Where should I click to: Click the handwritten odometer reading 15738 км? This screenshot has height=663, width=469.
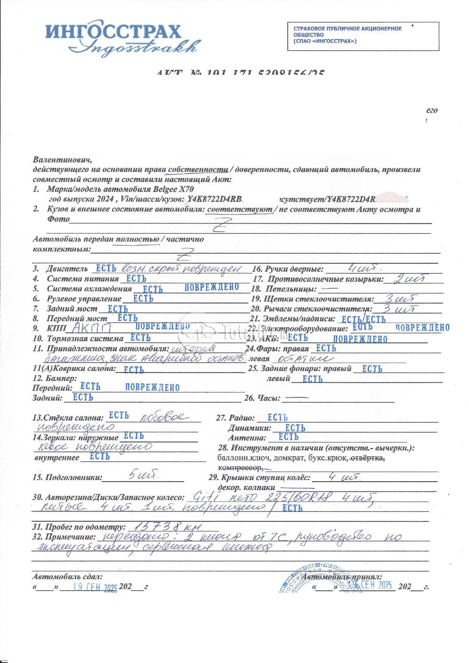coord(165,526)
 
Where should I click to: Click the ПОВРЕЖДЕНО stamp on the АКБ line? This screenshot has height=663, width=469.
coord(360,339)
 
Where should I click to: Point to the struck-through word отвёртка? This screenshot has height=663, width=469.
coord(368,458)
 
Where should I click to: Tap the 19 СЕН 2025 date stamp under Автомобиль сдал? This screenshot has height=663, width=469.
coord(95,587)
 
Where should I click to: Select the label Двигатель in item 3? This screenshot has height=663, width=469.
coord(67,269)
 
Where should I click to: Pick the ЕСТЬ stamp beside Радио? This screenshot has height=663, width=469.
coord(277,417)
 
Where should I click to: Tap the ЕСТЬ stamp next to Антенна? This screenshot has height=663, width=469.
coord(288,437)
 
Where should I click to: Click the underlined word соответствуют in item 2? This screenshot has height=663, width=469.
coord(240,209)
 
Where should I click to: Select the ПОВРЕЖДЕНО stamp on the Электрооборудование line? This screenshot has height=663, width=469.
coord(422,328)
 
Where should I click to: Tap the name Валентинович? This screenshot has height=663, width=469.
coord(62,160)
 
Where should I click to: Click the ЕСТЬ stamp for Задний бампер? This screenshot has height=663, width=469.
coord(83,397)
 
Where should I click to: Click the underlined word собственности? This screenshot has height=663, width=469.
coord(198,170)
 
